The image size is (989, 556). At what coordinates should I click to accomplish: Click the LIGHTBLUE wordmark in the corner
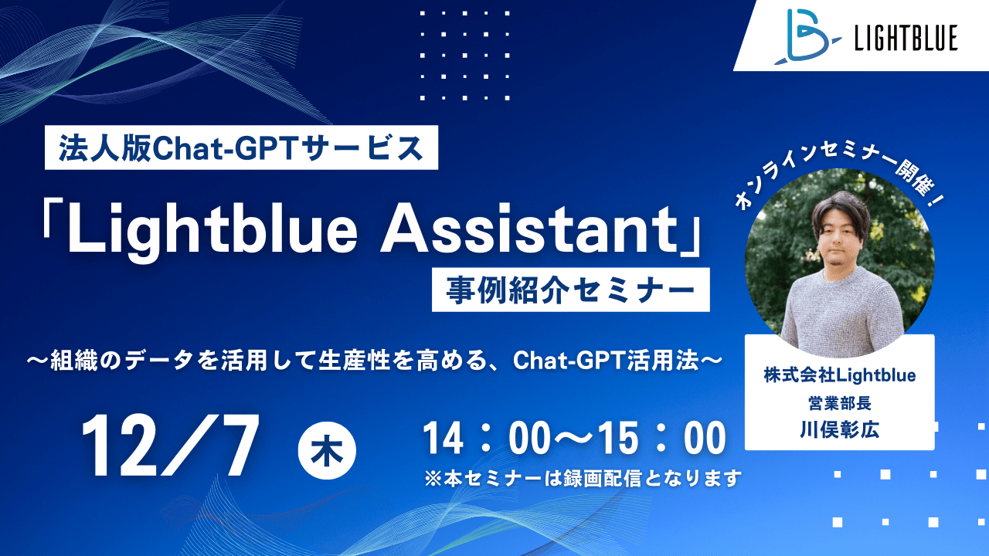[x=906, y=38]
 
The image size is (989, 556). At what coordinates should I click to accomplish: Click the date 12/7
[x=170, y=446]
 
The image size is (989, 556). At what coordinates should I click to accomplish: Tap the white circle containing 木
[x=327, y=450]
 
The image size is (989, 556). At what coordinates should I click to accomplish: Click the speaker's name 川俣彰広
[x=839, y=429]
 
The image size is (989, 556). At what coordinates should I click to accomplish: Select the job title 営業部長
[x=839, y=402]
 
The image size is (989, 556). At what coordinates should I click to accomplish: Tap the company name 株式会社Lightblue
[x=839, y=375]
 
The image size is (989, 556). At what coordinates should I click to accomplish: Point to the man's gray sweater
[x=839, y=309]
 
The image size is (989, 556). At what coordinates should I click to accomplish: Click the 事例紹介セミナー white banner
[x=570, y=290]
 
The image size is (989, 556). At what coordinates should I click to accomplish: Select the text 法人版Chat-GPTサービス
[x=241, y=147]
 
